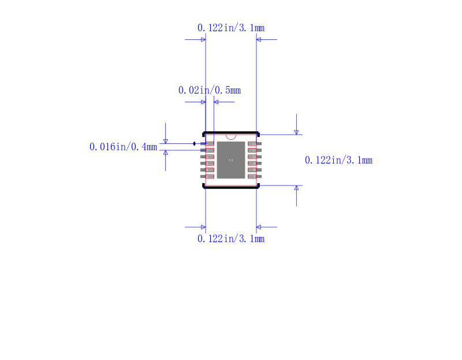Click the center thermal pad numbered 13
point(231,160)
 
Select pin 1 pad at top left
point(209,143)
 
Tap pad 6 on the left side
point(209,176)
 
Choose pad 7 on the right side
point(253,176)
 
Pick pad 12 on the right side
point(253,143)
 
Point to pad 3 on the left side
point(209,157)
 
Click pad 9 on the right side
point(253,163)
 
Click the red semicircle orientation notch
point(231,137)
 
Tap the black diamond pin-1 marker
point(194,143)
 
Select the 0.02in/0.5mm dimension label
point(209,91)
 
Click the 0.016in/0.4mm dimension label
point(123,147)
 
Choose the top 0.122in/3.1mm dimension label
point(231,28)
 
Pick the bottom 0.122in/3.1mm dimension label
point(231,239)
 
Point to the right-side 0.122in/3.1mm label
point(338,160)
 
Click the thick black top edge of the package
point(231,132)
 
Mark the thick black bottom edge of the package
point(231,187)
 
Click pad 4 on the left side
point(209,163)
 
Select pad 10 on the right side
point(253,157)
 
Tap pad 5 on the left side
point(209,170)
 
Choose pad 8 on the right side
point(253,170)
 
